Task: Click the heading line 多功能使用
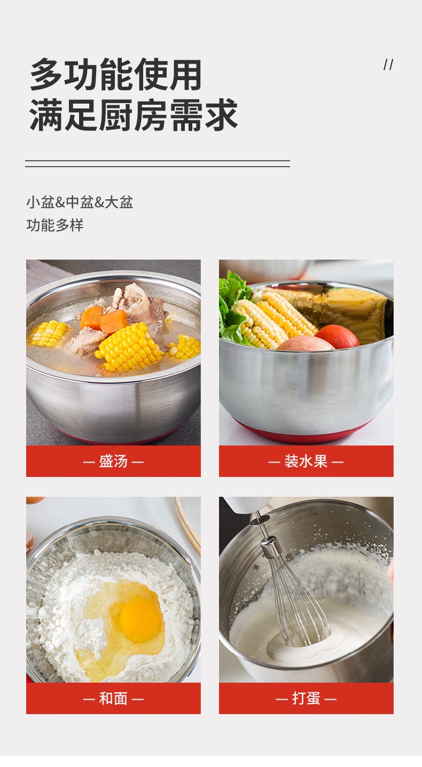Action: (x=116, y=74)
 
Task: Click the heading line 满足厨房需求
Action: (x=133, y=115)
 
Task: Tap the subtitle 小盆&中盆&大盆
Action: (x=80, y=202)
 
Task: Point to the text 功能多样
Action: (x=55, y=225)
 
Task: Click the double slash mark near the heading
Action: (x=388, y=65)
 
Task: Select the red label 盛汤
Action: (x=113, y=461)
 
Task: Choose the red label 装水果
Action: (x=306, y=461)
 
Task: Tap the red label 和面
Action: (x=113, y=699)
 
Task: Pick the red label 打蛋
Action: (x=306, y=699)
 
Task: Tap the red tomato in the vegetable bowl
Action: (x=338, y=336)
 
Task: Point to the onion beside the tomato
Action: (x=305, y=343)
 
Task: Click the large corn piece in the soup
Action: (x=129, y=347)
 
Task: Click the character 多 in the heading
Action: (x=46, y=74)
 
